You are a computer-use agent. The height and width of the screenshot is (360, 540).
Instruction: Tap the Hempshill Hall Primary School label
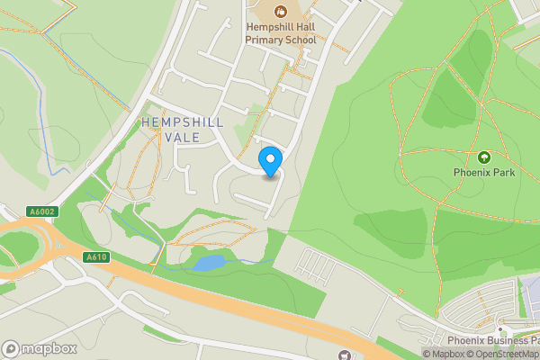(281, 33)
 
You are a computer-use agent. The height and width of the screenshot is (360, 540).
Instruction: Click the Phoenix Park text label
(484, 172)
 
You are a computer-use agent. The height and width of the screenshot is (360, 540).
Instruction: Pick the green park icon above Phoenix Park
(484, 157)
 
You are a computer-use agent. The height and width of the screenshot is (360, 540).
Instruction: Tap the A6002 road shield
(41, 211)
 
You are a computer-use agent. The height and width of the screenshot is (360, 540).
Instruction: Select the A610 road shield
(96, 257)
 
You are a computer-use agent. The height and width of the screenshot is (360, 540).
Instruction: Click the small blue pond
(209, 263)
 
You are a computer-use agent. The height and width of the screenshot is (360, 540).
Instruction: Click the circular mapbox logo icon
(11, 349)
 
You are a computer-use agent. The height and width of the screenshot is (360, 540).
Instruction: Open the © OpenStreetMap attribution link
(504, 354)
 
